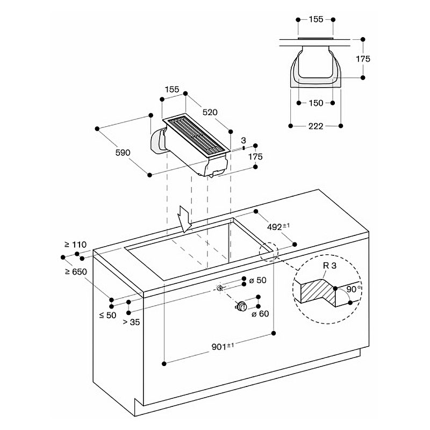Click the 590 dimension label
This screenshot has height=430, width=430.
tap(123, 153)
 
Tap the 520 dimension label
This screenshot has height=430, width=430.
tap(210, 112)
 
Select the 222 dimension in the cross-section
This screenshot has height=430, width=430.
tap(316, 126)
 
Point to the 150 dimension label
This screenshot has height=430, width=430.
tap(316, 103)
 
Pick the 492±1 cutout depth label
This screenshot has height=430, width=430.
tap(279, 227)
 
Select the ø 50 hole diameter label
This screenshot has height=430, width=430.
tap(258, 281)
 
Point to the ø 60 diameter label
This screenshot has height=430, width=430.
tap(260, 314)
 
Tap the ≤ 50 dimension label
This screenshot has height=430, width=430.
tap(107, 315)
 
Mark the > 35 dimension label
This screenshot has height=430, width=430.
tap(131, 322)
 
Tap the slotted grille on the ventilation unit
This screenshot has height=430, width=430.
tap(196, 137)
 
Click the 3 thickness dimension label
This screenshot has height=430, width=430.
tap(243, 140)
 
